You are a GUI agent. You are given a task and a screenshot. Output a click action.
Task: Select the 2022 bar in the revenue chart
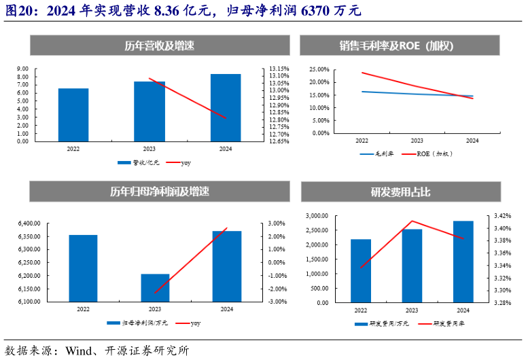[x=73, y=115]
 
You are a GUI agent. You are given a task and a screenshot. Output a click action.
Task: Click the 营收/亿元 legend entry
[x=139, y=163]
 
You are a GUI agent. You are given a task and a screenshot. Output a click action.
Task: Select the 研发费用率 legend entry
[x=442, y=325]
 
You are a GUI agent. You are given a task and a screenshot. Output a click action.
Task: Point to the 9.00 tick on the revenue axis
[x=22, y=69]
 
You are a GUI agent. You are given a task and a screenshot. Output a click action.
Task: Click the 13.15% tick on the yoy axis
[x=279, y=69]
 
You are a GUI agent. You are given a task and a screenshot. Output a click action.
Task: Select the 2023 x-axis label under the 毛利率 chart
[x=417, y=141]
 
